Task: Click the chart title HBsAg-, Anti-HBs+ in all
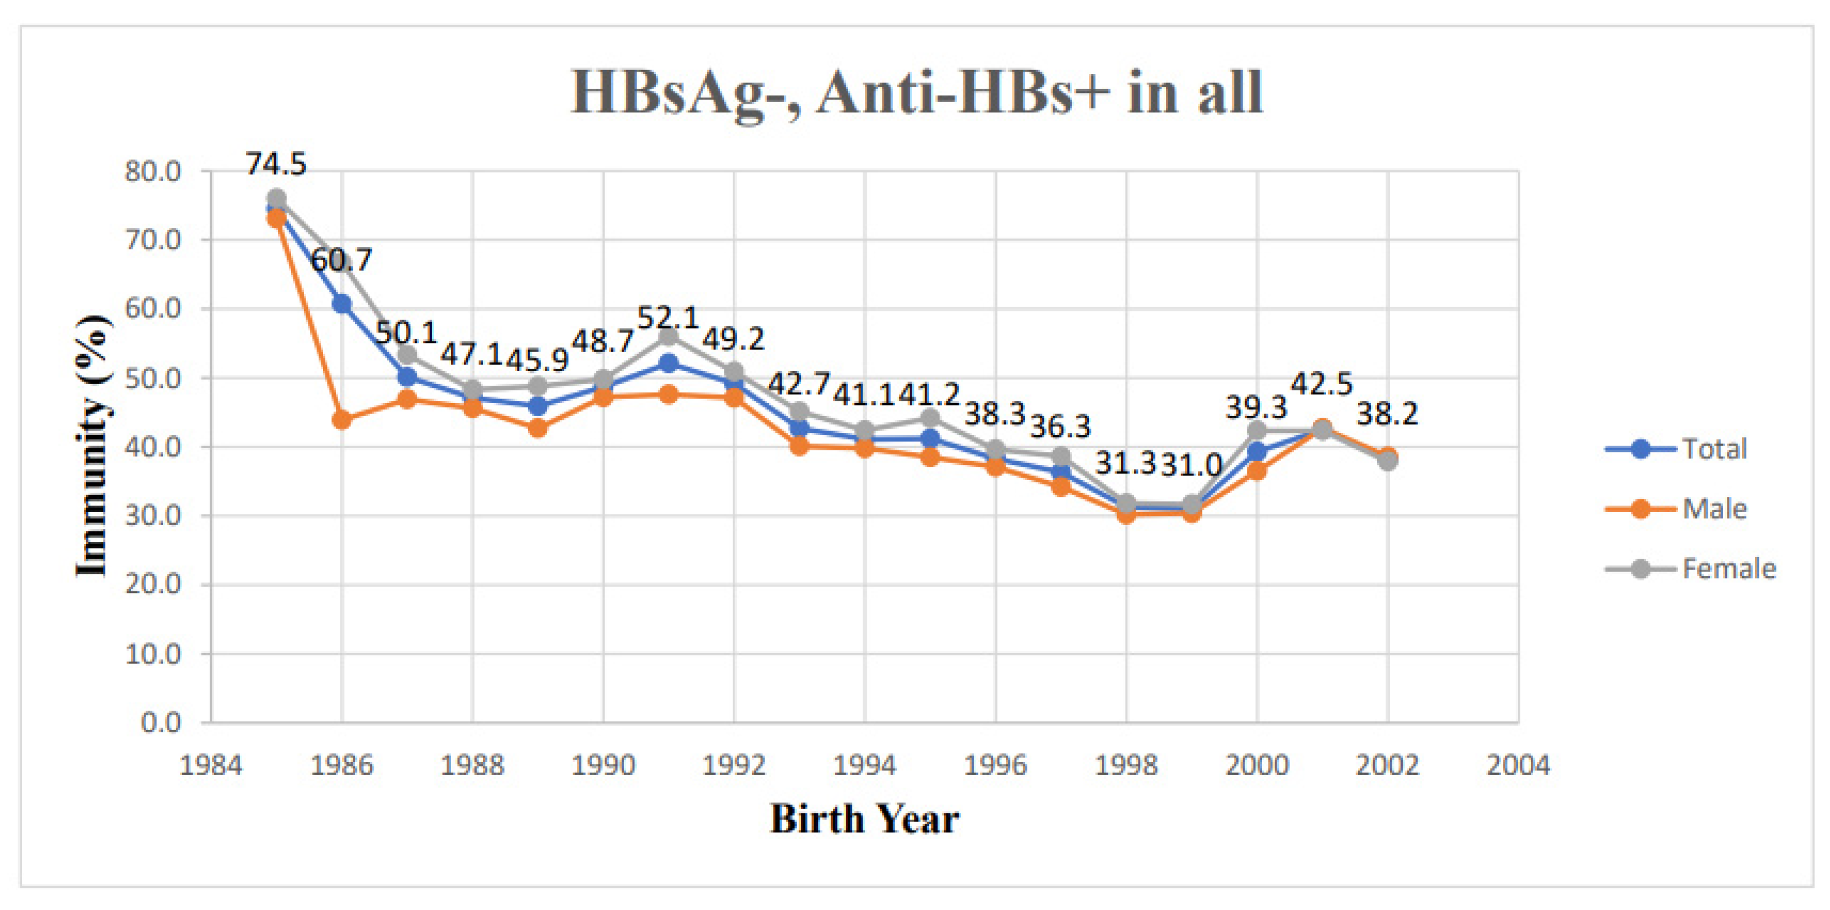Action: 916,93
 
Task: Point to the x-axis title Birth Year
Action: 864,819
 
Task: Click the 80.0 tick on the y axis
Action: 152,171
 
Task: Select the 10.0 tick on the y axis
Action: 152,654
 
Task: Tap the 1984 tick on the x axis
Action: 211,766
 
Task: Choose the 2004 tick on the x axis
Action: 1518,766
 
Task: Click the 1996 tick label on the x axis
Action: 995,766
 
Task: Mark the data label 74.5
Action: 276,164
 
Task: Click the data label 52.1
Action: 668,318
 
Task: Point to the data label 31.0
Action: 1191,465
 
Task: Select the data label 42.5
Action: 1321,384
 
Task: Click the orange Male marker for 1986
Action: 342,419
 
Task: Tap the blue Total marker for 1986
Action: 342,304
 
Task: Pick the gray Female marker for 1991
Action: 668,336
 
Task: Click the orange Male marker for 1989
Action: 538,428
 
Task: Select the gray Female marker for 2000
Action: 1257,430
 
